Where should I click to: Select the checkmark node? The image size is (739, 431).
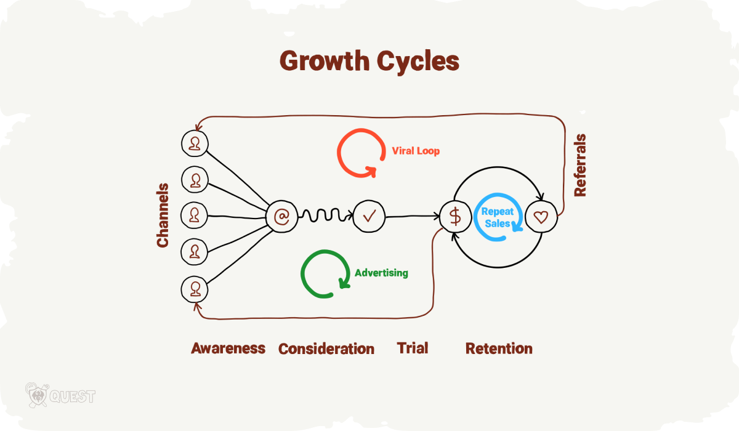[x=369, y=216]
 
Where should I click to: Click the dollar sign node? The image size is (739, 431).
[x=455, y=216]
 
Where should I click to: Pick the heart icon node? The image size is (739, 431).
[x=541, y=217]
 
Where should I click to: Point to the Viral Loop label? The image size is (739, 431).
[x=416, y=151]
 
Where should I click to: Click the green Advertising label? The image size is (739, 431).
[x=381, y=273]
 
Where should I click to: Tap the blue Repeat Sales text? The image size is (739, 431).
[x=498, y=217]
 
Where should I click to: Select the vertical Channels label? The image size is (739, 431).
[x=163, y=215]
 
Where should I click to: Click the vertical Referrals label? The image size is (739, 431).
[x=579, y=165]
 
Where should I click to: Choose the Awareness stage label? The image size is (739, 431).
[x=228, y=348]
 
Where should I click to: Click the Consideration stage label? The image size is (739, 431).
[x=326, y=349]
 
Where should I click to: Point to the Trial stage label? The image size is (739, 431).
[x=413, y=348]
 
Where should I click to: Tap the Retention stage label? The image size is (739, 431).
[x=499, y=348]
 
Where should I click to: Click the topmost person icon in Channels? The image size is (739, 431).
[x=195, y=144]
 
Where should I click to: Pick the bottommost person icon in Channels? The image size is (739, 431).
[x=195, y=288]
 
